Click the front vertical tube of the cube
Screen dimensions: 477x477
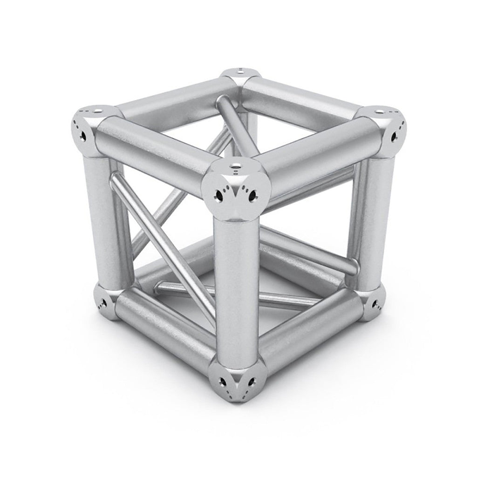(x=233, y=289)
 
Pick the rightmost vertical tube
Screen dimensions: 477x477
(x=373, y=219)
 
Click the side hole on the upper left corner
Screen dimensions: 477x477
(x=83, y=136)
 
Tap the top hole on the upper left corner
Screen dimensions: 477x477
(x=98, y=111)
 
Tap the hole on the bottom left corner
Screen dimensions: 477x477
(x=103, y=303)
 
